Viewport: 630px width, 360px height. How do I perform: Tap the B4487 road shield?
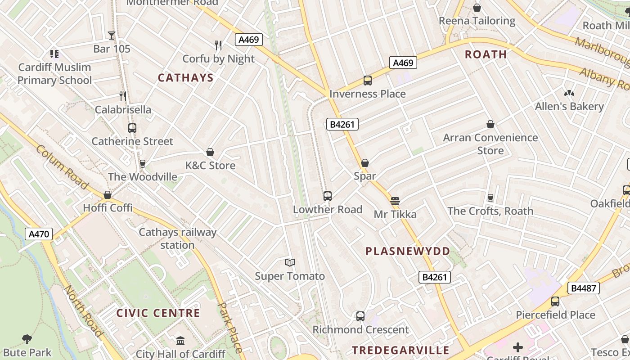[x=584, y=288]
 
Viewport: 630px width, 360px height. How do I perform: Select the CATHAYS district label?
[x=185, y=78]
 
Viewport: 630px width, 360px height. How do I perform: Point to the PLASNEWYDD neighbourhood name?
[x=408, y=252]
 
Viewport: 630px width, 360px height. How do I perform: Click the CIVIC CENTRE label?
[x=158, y=313]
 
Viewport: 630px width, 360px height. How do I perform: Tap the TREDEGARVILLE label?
[x=400, y=350]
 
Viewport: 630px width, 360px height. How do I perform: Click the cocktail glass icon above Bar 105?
[x=112, y=36]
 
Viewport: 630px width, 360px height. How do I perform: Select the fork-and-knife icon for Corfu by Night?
[x=218, y=45]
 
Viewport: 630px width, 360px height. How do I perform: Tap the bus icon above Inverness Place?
[x=368, y=81]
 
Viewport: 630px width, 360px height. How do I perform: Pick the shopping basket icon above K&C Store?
[x=210, y=152]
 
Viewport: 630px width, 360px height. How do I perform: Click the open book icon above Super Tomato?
[x=290, y=262]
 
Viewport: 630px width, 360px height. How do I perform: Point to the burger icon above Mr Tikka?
[x=395, y=201]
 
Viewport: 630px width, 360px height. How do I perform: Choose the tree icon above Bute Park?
[x=27, y=339]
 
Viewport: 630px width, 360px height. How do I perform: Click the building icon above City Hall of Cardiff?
[x=180, y=341]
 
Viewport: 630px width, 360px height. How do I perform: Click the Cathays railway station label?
[x=177, y=238]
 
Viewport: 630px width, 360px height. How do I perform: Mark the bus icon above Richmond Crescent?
[x=360, y=316]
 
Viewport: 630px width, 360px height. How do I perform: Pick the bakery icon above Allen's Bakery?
[x=569, y=93]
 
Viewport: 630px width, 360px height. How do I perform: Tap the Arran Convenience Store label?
[x=490, y=144]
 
